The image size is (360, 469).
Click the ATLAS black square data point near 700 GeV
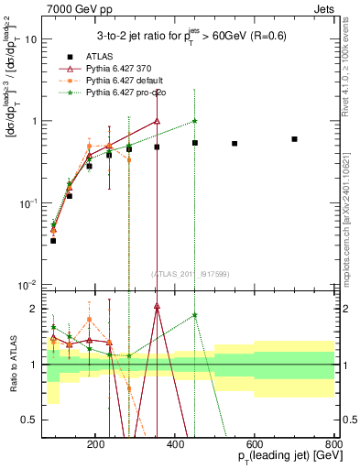click(294, 139)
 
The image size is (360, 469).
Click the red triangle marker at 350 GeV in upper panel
click(157, 121)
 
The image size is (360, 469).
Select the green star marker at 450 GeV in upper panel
click(195, 121)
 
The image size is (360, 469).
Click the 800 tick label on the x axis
click(333, 443)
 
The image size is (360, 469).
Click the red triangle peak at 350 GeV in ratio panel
click(157, 309)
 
